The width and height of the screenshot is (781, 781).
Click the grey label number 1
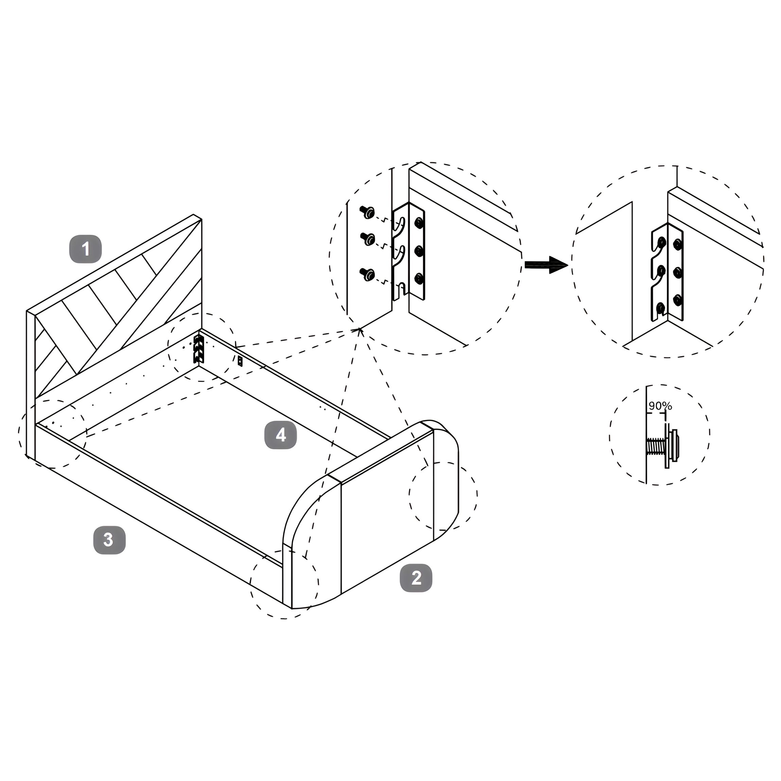(86, 249)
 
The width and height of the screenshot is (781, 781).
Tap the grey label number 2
(416, 578)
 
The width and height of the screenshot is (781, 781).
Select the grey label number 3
(109, 540)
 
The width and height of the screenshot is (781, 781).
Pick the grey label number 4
(280, 435)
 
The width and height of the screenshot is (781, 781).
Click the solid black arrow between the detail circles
(546, 265)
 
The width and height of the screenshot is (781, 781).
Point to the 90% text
(660, 406)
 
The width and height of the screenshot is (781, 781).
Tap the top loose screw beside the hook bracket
(367, 212)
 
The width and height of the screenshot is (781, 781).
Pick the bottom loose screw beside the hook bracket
(368, 274)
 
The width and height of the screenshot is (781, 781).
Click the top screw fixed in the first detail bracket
(419, 222)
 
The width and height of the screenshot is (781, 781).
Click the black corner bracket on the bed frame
(198, 348)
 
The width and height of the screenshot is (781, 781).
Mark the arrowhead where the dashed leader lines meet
(359, 330)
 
